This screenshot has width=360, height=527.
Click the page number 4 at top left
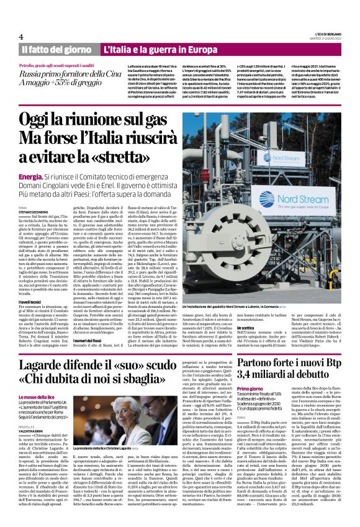pyautogui.click(x=21, y=35)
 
